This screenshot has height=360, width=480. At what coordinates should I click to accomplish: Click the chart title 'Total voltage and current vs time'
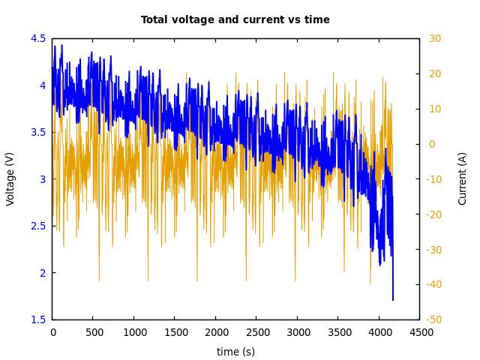235,20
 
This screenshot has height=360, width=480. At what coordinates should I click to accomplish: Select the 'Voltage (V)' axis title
10,178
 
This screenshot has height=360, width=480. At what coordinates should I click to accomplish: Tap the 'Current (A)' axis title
463,178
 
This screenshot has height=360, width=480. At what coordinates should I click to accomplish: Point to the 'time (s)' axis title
235,352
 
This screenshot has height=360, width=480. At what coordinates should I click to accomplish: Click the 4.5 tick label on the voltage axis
38,38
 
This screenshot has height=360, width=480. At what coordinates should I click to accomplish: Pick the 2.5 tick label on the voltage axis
38,226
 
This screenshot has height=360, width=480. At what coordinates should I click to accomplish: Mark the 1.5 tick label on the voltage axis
38,319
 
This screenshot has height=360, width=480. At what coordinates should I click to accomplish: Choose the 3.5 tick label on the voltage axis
38,132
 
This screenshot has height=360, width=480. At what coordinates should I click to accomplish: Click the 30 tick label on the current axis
435,38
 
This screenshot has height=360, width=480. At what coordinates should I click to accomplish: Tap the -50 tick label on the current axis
434,319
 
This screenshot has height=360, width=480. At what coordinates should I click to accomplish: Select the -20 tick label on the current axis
434,214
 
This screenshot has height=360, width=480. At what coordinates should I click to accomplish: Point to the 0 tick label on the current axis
431,144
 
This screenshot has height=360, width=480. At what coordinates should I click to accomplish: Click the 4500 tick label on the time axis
419,332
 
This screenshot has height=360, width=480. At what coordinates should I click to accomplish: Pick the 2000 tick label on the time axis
215,332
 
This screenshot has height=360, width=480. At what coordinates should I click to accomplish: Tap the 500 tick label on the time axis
93,332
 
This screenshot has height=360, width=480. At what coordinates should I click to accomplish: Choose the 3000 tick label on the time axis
297,332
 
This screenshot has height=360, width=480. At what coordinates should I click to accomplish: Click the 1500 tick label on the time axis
175,332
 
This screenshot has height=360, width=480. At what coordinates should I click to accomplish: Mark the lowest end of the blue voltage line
392,300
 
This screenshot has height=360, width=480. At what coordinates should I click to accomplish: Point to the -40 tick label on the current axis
434,284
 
